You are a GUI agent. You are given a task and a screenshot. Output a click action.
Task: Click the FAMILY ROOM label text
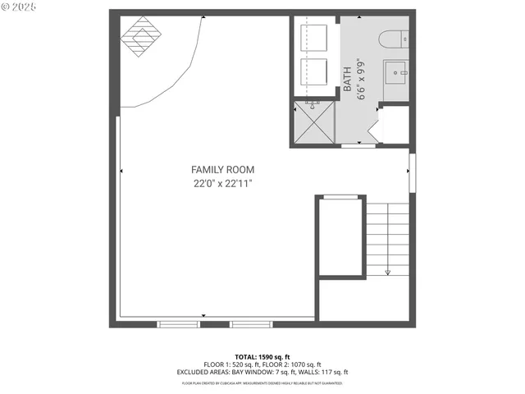[217, 170]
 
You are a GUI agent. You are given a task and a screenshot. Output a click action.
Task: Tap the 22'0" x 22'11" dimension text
[217, 184]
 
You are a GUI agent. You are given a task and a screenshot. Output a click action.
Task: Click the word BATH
[348, 78]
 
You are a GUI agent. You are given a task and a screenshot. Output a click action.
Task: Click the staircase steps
[387, 238]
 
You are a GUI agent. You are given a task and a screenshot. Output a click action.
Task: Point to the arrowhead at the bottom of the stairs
[387, 272]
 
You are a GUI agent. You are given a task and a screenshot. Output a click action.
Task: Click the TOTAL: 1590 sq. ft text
[262, 356]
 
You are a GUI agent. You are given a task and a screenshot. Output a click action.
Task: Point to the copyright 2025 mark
[20, 7]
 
